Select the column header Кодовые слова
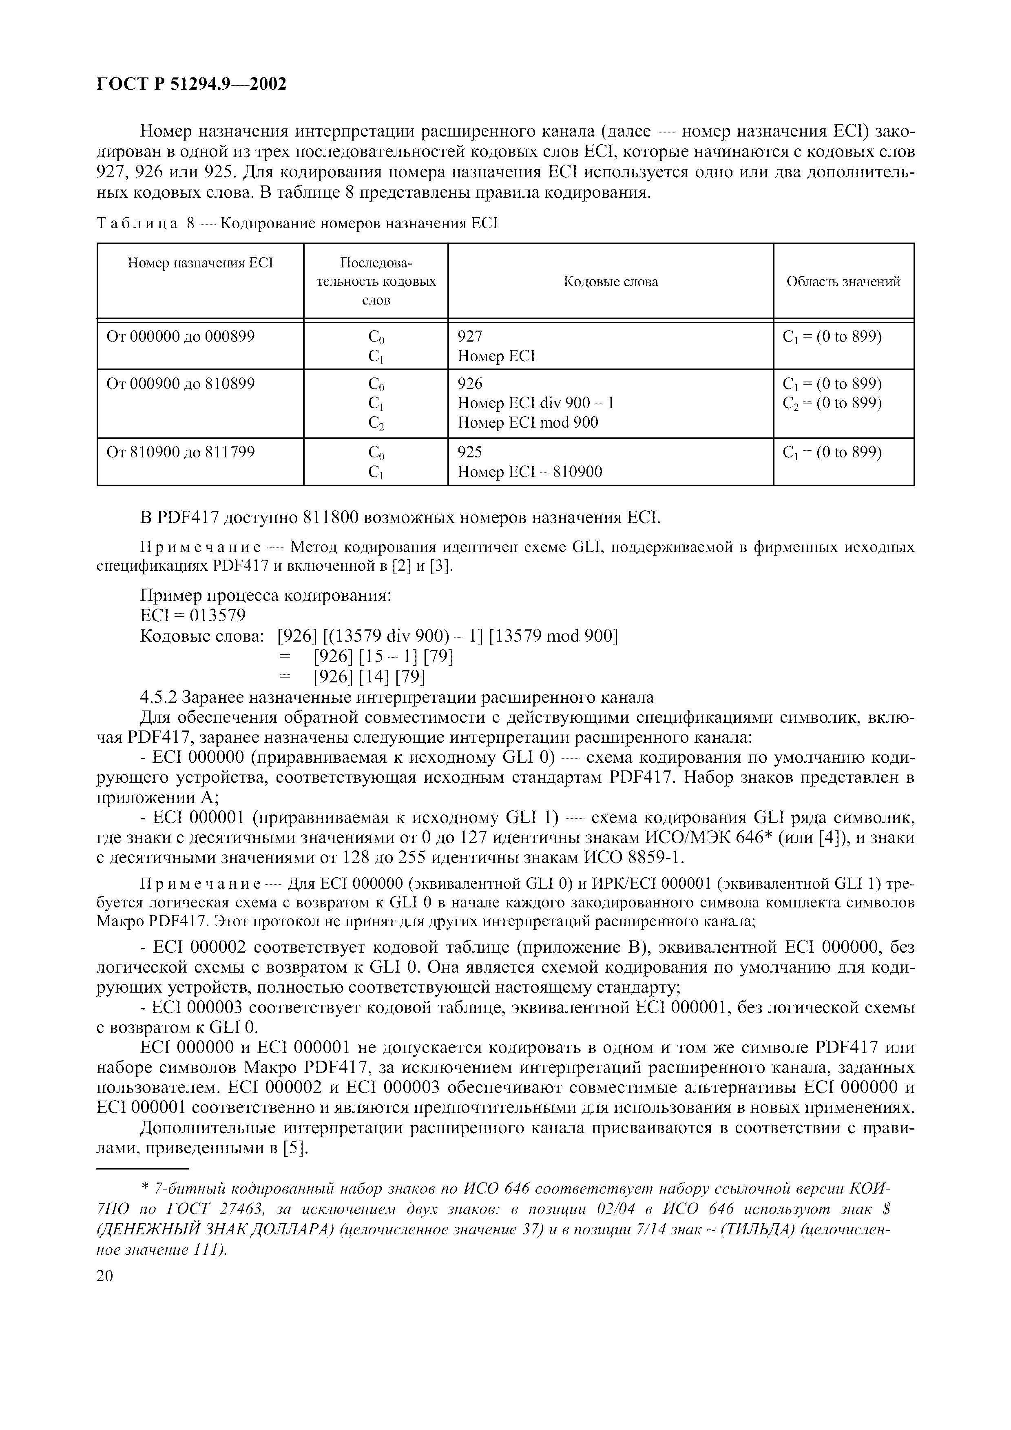pos(611,282)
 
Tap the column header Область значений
pos(843,282)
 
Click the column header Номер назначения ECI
pos(201,263)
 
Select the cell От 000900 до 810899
pos(181,384)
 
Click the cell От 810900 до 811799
pos(181,452)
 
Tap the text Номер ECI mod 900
pos(528,423)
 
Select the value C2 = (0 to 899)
pos(832,404)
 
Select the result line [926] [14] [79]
pos(369,676)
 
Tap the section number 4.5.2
pos(158,697)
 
